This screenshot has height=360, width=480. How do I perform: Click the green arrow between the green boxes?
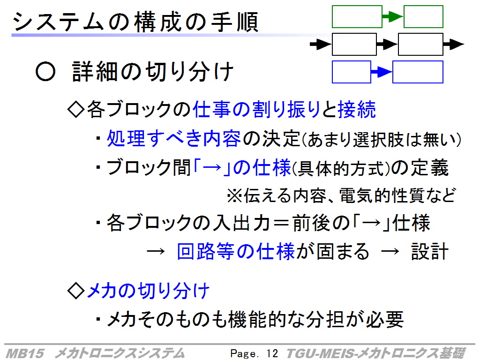pos(393,16)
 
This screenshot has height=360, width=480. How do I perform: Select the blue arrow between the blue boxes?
pos(382,72)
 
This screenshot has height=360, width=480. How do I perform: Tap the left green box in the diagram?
pos(357,16)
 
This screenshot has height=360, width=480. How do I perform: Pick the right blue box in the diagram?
pos(418,72)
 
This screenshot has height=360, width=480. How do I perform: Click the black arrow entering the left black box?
pos(321,45)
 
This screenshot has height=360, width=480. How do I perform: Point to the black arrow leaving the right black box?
pos(454,45)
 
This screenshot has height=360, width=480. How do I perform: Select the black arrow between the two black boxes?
pos(387,45)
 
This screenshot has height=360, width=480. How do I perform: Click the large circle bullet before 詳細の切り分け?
pos(45,72)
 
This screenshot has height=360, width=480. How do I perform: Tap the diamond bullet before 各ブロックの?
pos(75,109)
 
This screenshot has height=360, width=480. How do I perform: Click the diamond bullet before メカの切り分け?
pos(75,290)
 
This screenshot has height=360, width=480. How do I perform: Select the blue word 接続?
pos(357,109)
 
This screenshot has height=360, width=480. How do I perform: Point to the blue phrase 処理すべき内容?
pos(174,138)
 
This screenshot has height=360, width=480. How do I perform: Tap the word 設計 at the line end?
pos(430,251)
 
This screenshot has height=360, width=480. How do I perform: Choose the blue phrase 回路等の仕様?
pos(236,251)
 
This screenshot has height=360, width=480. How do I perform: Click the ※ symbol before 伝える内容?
pos(234,195)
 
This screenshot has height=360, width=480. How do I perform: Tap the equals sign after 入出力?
pos(281,223)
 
